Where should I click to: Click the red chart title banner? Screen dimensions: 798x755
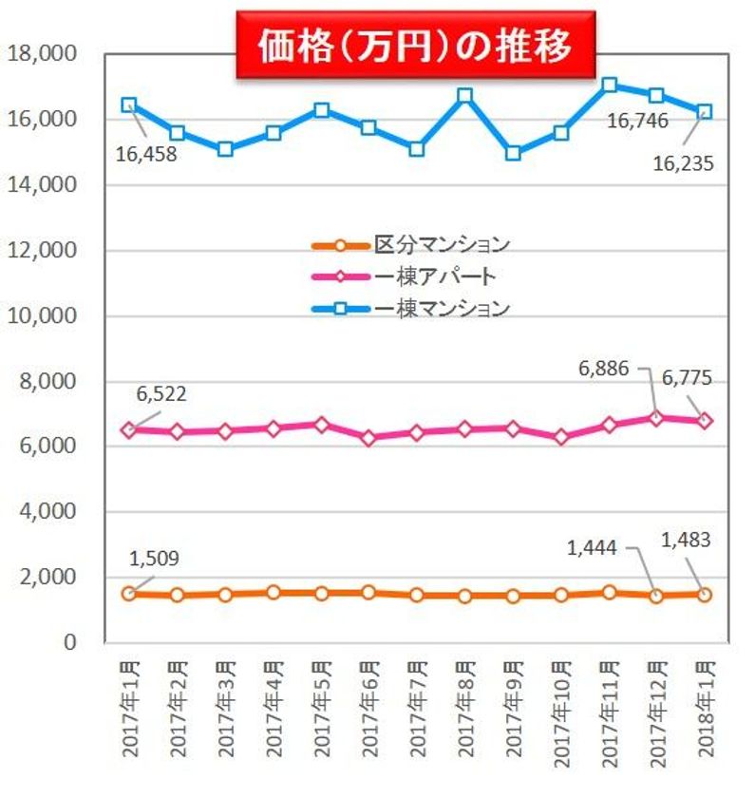[416, 46]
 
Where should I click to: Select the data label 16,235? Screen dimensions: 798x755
[682, 162]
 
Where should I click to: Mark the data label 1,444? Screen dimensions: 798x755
[593, 547]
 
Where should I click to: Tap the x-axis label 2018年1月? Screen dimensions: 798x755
[704, 702]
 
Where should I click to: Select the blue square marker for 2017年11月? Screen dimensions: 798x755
[610, 85]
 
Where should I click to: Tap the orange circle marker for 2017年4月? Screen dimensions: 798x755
[274, 593]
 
